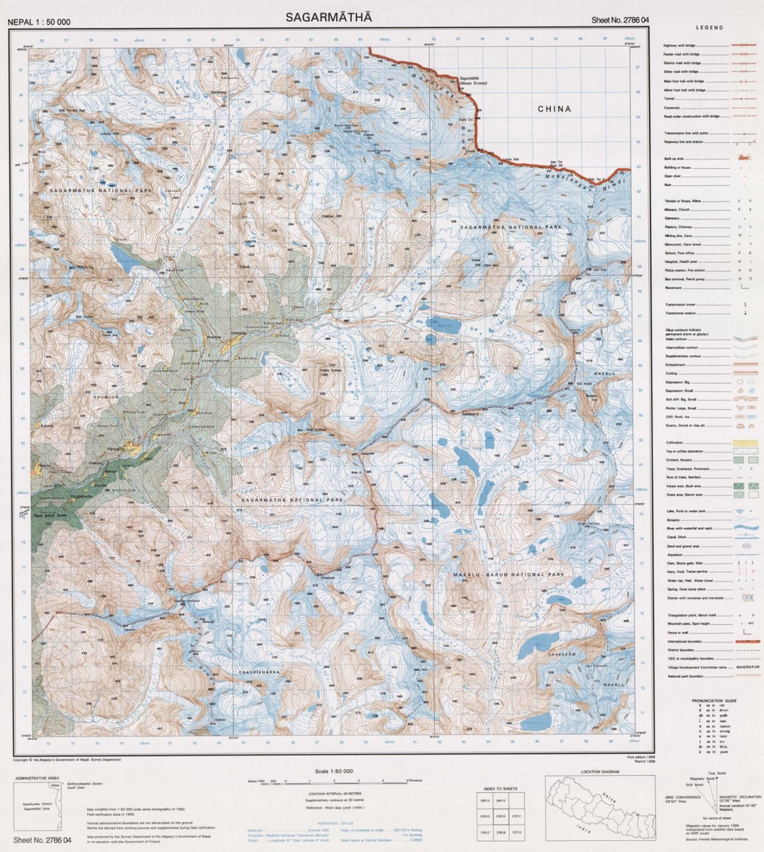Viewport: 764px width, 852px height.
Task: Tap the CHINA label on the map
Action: tap(554, 109)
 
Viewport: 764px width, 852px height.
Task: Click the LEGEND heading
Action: tap(709, 28)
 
